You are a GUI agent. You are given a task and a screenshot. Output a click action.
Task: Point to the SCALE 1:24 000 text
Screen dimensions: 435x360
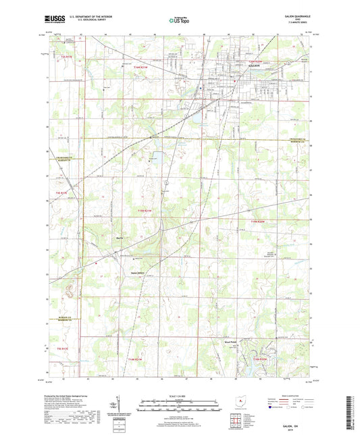[x=179, y=396]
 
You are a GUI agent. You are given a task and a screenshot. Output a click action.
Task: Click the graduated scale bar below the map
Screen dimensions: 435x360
[x=179, y=407]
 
